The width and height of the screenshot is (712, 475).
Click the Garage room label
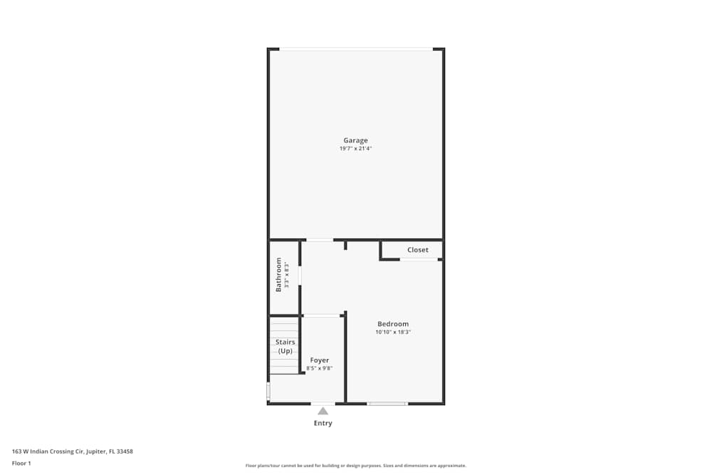[x=355, y=140]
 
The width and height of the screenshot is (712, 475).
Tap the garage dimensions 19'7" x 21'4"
[x=355, y=149]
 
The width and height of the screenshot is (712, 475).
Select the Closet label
[x=418, y=250]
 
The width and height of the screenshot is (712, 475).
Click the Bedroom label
[x=393, y=324]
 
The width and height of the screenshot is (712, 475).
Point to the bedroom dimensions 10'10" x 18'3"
[x=393, y=333]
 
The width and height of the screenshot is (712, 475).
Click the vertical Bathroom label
[x=279, y=274]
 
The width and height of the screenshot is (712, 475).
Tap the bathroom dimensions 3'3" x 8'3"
[x=287, y=275]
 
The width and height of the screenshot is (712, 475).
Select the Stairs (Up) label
[x=285, y=346]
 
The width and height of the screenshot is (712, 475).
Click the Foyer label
[x=320, y=360]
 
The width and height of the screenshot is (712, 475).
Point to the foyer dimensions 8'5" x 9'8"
[x=320, y=368]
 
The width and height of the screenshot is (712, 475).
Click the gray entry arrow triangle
[x=323, y=410]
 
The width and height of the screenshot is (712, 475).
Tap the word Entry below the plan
[x=323, y=423]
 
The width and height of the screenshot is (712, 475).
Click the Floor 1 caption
[x=21, y=463]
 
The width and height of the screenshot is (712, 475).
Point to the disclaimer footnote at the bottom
[x=356, y=466]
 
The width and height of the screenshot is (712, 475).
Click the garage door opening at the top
[x=355, y=49]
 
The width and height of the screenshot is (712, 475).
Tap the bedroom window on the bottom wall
[x=387, y=404]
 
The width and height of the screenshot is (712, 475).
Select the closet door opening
[x=418, y=259]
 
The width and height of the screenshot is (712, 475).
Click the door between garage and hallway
[x=320, y=240]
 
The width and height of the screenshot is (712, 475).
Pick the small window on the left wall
[x=268, y=391]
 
